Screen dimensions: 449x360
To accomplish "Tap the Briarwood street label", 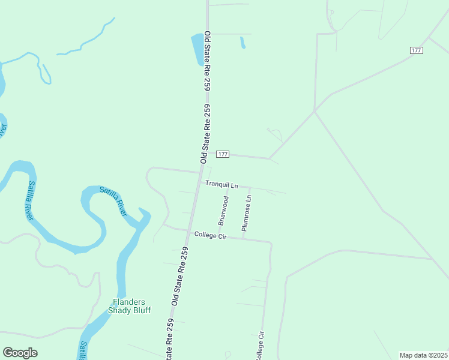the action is pyautogui.click(x=223, y=210).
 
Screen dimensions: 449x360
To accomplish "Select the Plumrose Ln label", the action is pyautogui.click(x=246, y=212).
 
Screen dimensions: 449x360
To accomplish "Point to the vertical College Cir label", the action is pyautogui.click(x=260, y=345).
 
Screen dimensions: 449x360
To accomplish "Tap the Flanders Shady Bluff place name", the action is pyautogui.click(x=129, y=306).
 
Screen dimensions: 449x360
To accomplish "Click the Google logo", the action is pyautogui.click(x=20, y=353).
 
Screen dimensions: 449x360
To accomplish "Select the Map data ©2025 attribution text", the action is pyautogui.click(x=423, y=355).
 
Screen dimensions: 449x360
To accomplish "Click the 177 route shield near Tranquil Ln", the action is pyautogui.click(x=223, y=154).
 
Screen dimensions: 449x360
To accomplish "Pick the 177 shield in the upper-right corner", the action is pyautogui.click(x=417, y=50).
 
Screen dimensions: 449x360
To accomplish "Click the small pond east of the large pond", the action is pyautogui.click(x=243, y=43).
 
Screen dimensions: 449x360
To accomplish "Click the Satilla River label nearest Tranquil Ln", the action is pyautogui.click(x=113, y=201).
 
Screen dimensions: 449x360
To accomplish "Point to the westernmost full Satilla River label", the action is pyautogui.click(x=33, y=200).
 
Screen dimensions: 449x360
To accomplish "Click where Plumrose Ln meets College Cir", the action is pyautogui.click(x=243, y=238).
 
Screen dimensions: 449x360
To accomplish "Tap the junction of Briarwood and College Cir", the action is pyautogui.click(x=219, y=236).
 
